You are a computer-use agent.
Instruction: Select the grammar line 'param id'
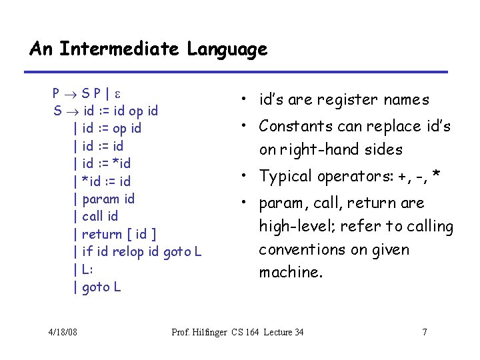click(x=108, y=199)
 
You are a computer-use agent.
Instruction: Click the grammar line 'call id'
click(x=99, y=216)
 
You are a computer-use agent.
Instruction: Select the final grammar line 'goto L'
click(x=101, y=287)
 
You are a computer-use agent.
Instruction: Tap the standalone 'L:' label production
click(x=87, y=269)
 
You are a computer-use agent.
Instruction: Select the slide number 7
click(x=424, y=332)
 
